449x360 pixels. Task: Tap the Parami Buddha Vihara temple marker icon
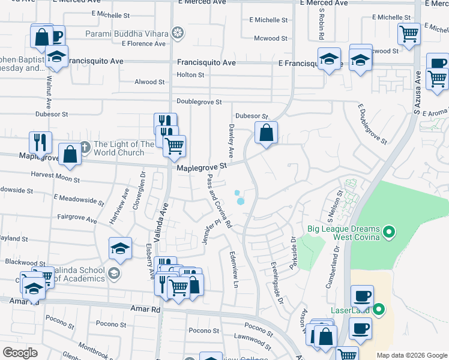click(x=178, y=32)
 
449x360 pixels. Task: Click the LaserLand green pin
click(x=378, y=310)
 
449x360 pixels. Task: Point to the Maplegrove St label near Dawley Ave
click(x=202, y=167)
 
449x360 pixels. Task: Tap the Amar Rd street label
click(x=147, y=309)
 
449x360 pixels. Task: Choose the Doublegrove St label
click(x=199, y=102)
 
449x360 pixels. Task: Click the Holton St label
click(x=191, y=75)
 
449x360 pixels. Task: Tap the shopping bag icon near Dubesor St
click(x=266, y=132)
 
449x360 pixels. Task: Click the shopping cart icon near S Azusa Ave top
click(x=409, y=34)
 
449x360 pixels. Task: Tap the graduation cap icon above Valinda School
click(x=120, y=248)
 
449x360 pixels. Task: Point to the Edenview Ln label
click(x=235, y=268)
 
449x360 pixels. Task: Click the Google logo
click(x=20, y=352)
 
